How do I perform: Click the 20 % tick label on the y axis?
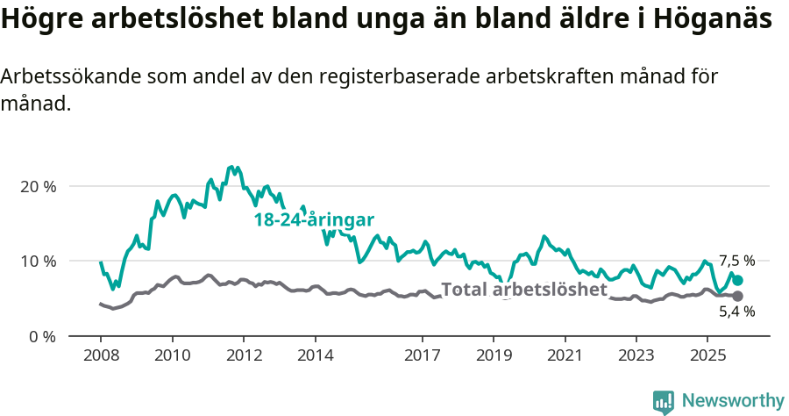point(38,187)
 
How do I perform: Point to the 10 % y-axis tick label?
point(38,262)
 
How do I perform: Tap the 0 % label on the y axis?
point(41,336)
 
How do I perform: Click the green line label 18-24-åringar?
point(314,220)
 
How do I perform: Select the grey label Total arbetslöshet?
point(523,290)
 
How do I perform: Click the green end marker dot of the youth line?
point(737,280)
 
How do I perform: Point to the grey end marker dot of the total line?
point(737,297)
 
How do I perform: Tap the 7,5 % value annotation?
point(736,261)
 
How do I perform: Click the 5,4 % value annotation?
point(736,312)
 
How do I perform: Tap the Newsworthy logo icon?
point(664,401)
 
